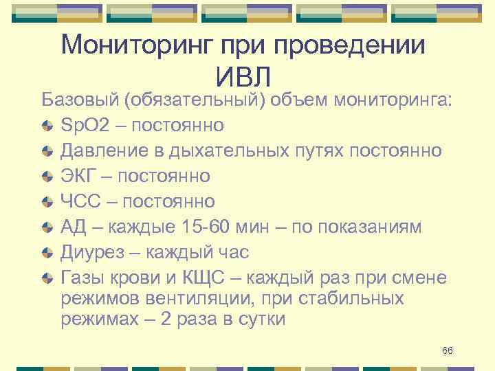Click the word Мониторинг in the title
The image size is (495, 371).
point(137,45)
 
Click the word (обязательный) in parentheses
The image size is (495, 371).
point(195,100)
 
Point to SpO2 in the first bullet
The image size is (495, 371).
point(83,125)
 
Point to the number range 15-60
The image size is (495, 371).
point(206,227)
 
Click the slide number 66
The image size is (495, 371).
point(448,351)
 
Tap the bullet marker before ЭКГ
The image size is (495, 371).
point(46,177)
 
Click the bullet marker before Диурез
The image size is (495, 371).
point(46,253)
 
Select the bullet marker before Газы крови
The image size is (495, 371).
point(46,278)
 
